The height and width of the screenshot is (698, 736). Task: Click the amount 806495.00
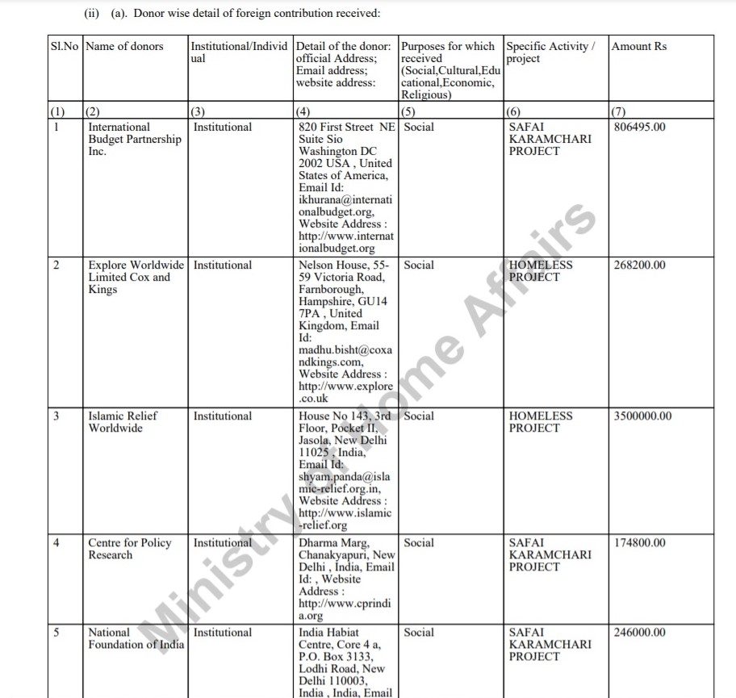click(x=640, y=127)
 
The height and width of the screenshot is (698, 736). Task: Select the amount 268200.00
click(x=640, y=265)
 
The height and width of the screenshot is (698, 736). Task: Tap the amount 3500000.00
click(x=643, y=416)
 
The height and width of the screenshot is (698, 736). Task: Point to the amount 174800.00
click(x=640, y=543)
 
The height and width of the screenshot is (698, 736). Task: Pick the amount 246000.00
click(x=640, y=633)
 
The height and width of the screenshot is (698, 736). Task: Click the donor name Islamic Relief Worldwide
click(x=123, y=422)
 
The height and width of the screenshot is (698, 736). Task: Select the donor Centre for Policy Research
click(x=129, y=549)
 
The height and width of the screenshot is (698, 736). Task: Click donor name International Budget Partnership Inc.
click(x=134, y=139)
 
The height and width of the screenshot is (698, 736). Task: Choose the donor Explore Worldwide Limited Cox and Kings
click(x=136, y=277)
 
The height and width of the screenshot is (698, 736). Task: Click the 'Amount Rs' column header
click(x=639, y=47)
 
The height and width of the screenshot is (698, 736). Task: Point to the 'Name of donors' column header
click(x=124, y=47)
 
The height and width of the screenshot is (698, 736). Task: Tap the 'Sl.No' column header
click(x=65, y=47)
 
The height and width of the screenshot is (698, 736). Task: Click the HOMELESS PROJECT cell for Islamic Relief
click(x=541, y=422)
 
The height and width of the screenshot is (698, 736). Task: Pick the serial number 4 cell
click(x=56, y=543)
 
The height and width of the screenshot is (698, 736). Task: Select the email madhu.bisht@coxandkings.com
click(x=345, y=356)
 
